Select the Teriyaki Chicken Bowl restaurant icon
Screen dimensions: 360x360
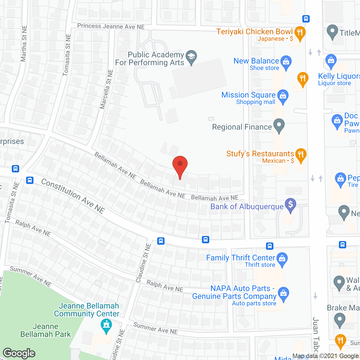coord(300,33)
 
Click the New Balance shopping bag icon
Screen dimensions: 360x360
coord(286,62)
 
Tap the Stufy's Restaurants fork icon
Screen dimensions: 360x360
coord(301,155)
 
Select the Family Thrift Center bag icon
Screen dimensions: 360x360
coord(282,259)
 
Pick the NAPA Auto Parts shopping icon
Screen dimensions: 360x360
coord(283,294)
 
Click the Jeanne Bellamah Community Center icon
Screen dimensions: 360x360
coord(106,326)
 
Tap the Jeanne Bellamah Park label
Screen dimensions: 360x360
coord(46,330)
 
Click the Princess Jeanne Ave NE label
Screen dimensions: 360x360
coord(111,26)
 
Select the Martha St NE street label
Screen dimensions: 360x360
coord(24,44)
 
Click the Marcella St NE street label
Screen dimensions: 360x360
coord(106,89)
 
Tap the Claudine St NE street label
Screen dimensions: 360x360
coord(143,263)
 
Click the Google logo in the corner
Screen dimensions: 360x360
coord(19,353)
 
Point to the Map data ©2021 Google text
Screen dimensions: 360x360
coord(325,356)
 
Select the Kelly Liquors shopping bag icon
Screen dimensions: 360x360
coord(331,61)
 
